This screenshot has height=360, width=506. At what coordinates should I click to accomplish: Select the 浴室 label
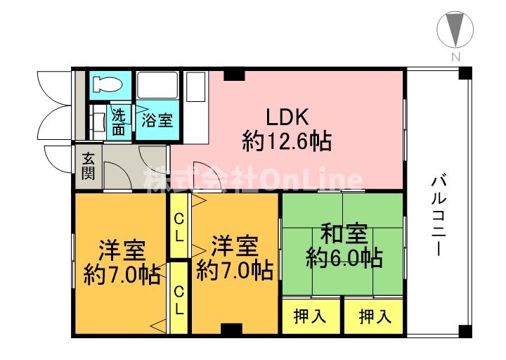(x=157, y=120)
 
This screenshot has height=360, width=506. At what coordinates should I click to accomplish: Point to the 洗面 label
(x=119, y=122)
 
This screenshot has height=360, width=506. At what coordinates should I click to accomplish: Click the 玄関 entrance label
(x=88, y=166)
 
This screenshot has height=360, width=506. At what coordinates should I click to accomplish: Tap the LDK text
(x=287, y=116)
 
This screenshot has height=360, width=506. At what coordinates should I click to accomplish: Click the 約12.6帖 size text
(x=287, y=143)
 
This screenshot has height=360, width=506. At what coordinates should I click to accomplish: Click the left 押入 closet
(x=309, y=316)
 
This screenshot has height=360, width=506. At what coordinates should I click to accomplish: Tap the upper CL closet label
(x=179, y=226)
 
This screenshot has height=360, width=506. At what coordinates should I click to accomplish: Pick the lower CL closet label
(x=179, y=298)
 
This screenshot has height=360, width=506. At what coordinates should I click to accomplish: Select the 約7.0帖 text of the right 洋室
(x=235, y=270)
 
